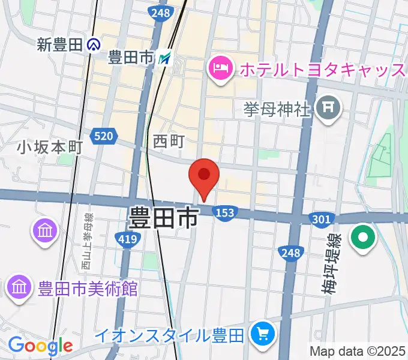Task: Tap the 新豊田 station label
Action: (x=59, y=44)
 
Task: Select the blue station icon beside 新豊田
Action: (x=93, y=44)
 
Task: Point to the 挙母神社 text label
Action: (x=277, y=109)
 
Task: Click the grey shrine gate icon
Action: (x=329, y=109)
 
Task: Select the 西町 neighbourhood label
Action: (x=169, y=141)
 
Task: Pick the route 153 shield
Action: (x=225, y=213)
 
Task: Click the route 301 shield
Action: (x=320, y=220)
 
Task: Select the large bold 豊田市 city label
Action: (x=163, y=217)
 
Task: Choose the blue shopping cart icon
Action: (x=262, y=334)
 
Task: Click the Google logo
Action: (x=40, y=346)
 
